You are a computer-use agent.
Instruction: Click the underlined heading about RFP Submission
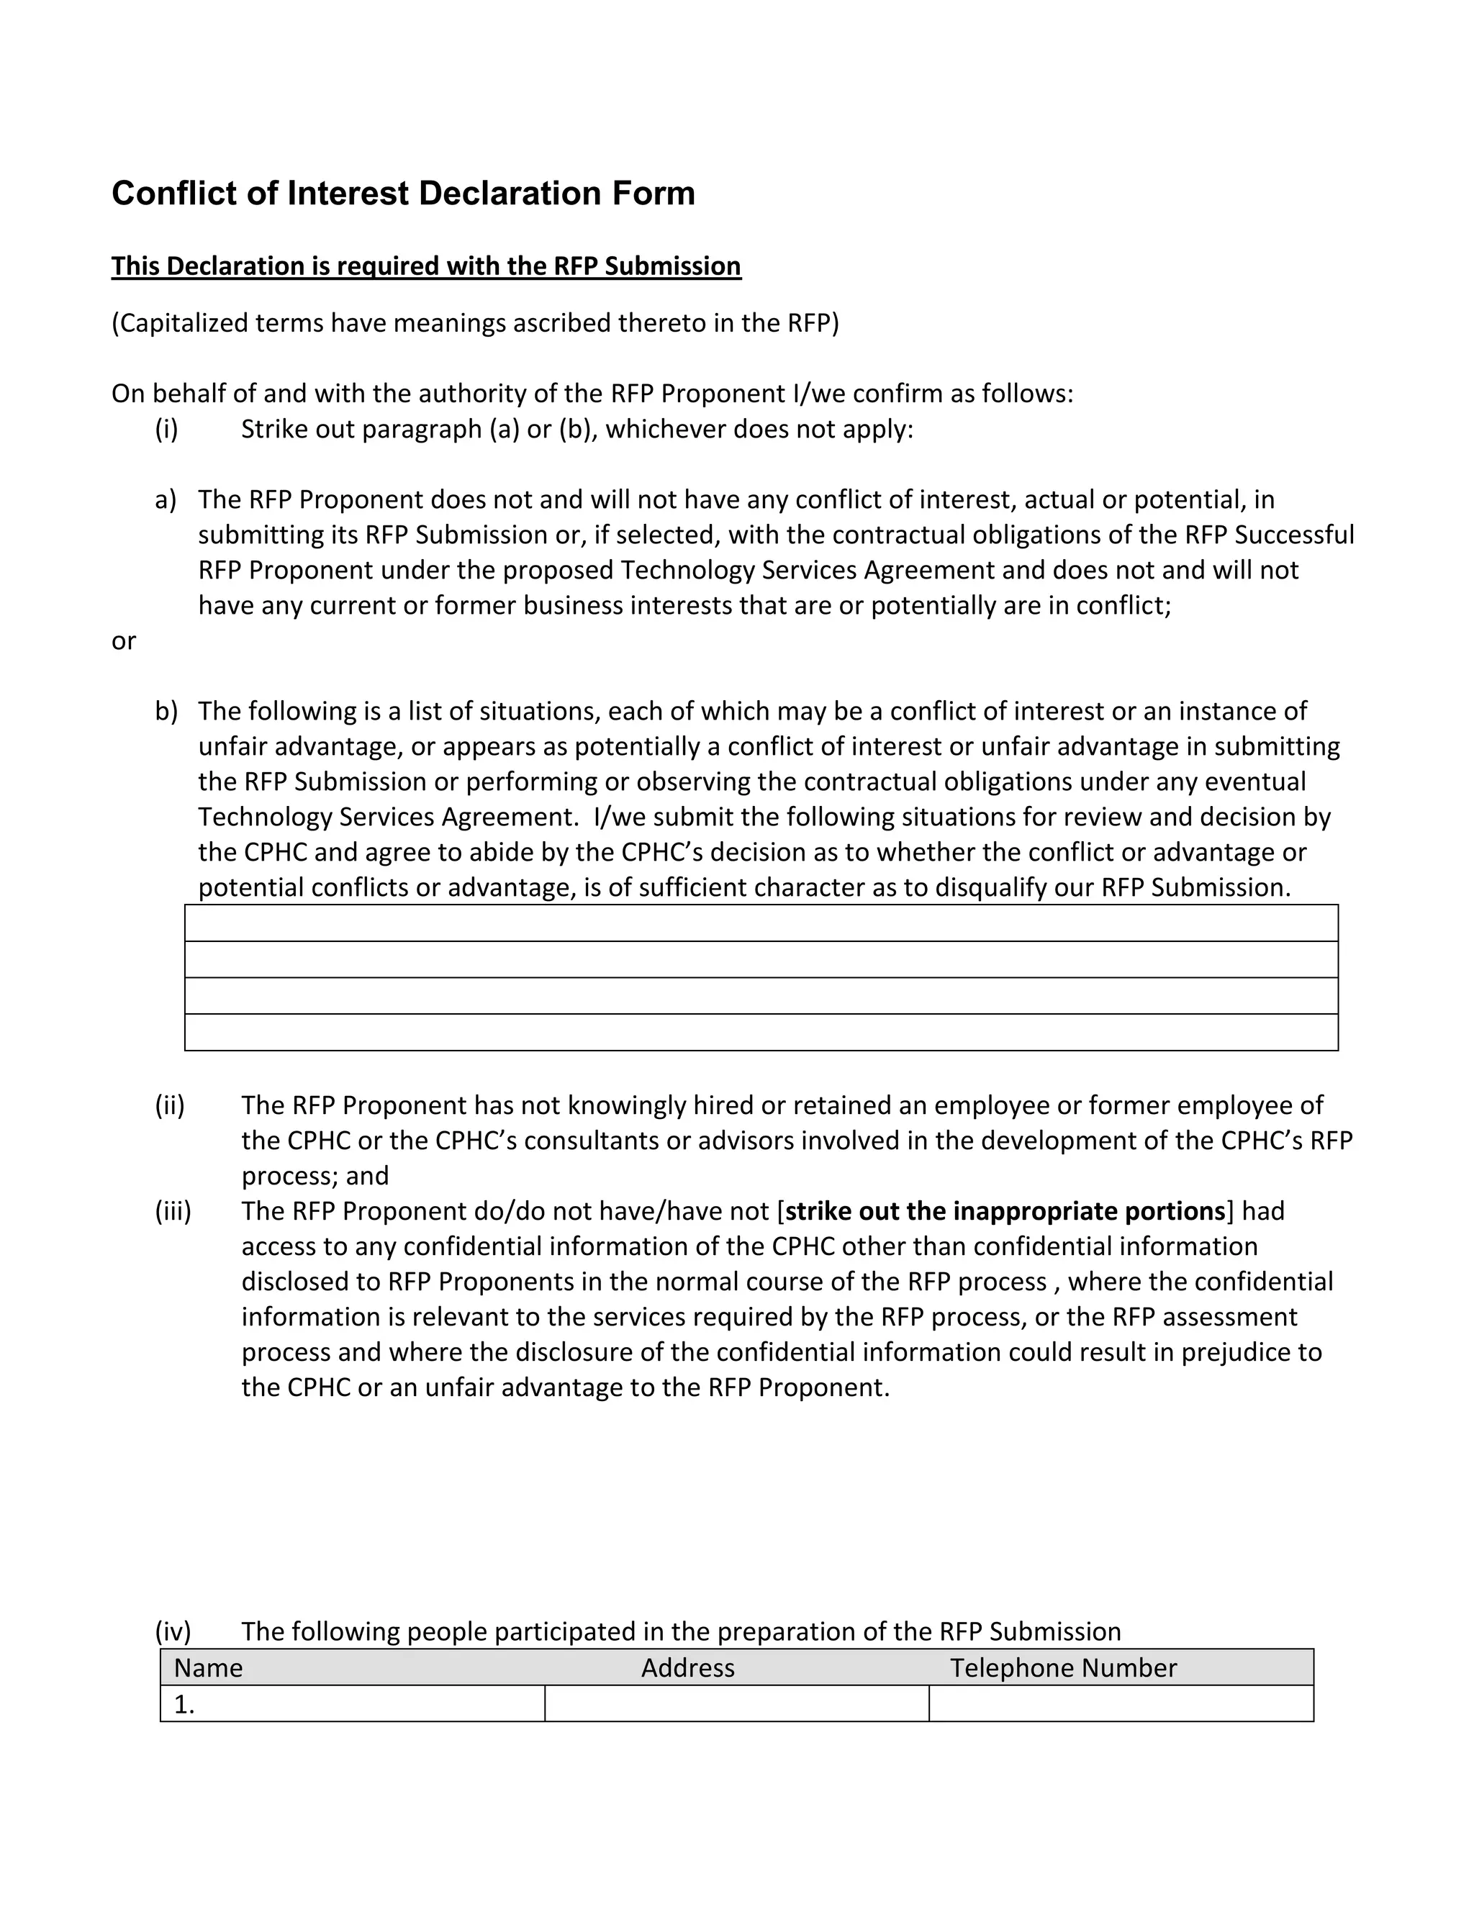425,266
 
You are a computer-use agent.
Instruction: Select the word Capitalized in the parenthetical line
181,323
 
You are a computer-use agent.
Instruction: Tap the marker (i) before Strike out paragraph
167,430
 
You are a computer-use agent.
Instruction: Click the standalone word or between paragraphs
123,641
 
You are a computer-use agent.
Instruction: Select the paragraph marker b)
166,712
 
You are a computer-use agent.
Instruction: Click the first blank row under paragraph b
761,923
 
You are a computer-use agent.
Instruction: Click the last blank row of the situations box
761,1032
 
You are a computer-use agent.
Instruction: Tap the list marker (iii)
173,1211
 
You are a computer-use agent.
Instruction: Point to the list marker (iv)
173,1631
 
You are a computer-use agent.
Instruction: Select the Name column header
208,1668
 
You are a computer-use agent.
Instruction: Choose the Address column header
687,1668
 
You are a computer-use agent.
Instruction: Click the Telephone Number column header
1063,1668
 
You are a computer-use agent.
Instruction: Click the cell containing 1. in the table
352,1703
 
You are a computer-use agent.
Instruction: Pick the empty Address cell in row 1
736,1703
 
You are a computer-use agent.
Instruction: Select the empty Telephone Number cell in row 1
1121,1703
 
